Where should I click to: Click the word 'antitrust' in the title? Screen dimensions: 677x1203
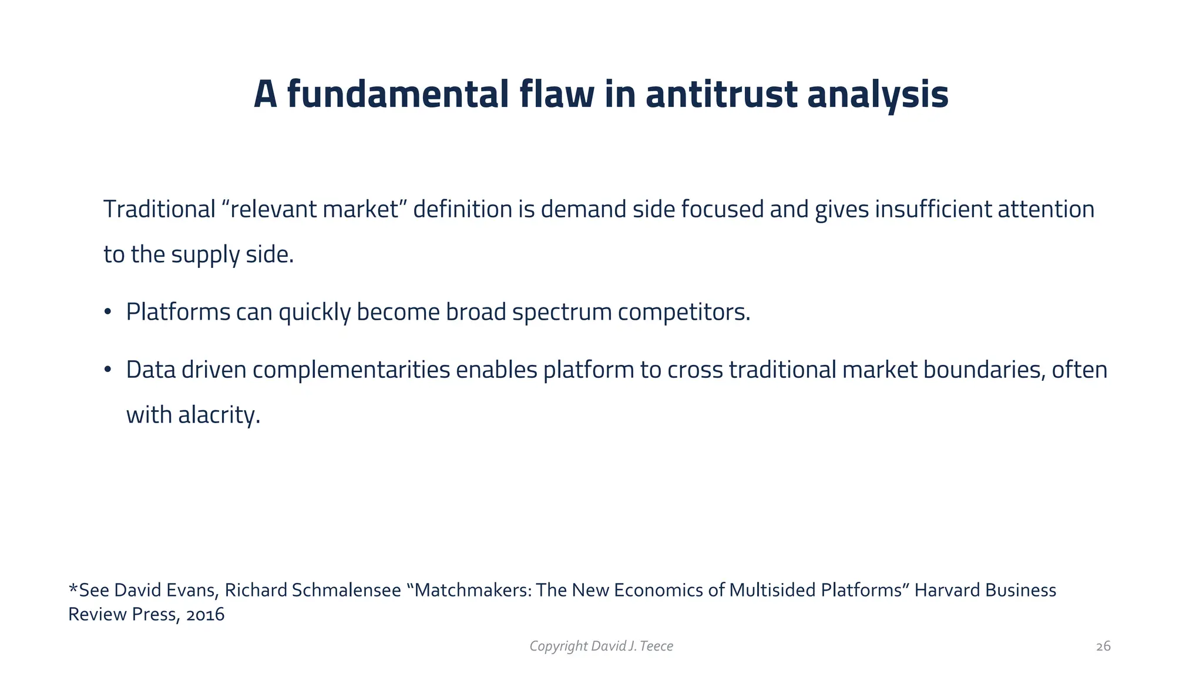click(x=721, y=95)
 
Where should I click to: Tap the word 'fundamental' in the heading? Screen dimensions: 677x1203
click(x=397, y=95)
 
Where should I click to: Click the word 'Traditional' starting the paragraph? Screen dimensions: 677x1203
click(x=160, y=210)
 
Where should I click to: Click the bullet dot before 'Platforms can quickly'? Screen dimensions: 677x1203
click(x=107, y=312)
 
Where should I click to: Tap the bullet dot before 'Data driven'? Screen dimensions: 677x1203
click(x=107, y=370)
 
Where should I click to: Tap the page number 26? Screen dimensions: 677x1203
click(x=1103, y=646)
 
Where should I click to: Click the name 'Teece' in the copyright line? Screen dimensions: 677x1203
click(x=657, y=646)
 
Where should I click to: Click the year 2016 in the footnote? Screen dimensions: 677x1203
click(x=205, y=615)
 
